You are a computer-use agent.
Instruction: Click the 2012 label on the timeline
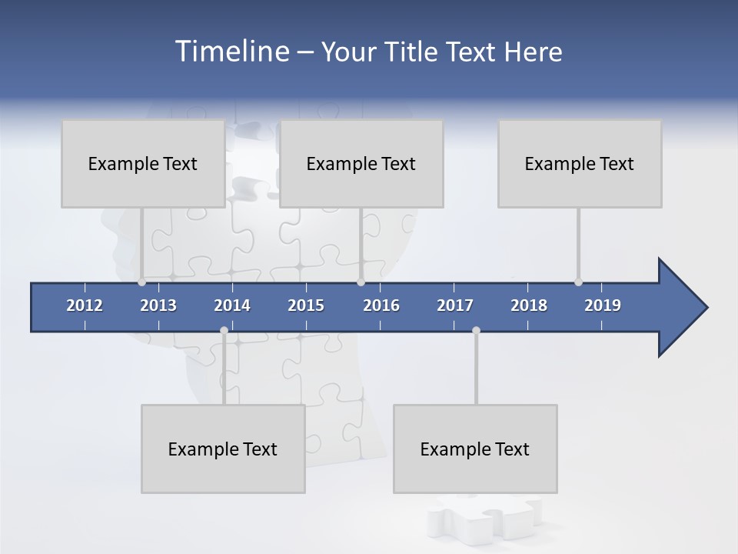85,305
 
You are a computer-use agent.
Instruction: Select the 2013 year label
158,305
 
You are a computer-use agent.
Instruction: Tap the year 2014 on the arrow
232,305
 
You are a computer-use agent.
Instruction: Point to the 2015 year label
306,305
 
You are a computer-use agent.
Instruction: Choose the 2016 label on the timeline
381,305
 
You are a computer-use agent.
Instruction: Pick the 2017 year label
455,305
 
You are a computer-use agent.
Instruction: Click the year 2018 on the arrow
529,305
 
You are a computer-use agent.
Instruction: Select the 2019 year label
603,305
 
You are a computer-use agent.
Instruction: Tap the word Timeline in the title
231,52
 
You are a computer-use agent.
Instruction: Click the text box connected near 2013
143,163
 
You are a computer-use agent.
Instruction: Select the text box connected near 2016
361,163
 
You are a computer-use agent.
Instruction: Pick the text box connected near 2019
580,163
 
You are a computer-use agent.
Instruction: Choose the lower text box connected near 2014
223,449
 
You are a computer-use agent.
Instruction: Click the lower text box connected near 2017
475,449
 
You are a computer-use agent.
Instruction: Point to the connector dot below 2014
224,330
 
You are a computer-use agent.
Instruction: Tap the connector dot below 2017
476,330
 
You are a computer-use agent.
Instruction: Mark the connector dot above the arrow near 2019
578,282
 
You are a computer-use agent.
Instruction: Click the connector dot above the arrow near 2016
361,282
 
